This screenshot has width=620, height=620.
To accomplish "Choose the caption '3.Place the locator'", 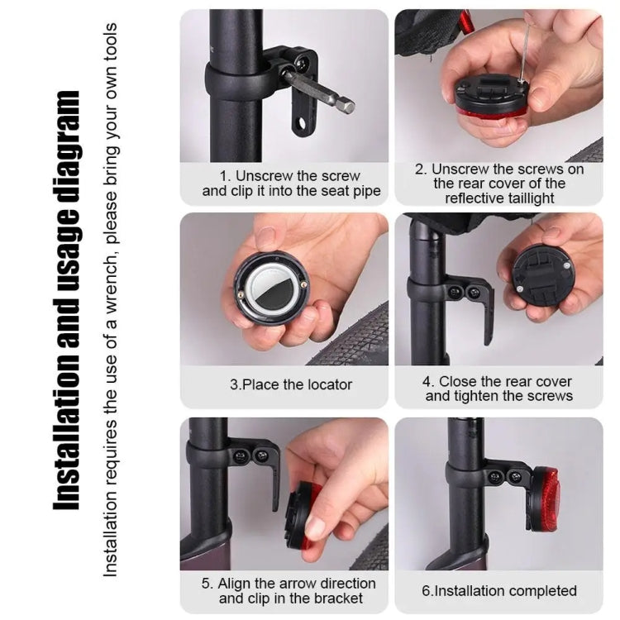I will click(291, 384).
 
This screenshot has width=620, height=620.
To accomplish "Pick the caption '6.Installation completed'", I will click(498, 591).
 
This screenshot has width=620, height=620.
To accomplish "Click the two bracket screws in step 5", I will click(250, 455).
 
